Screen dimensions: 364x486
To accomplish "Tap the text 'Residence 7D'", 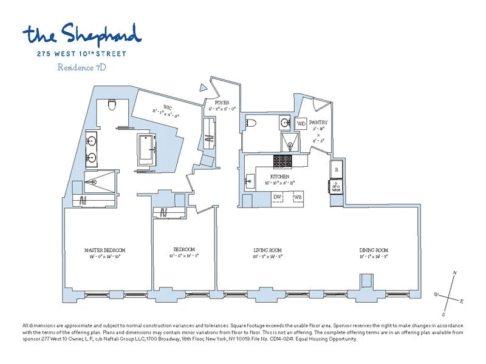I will (x=82, y=67).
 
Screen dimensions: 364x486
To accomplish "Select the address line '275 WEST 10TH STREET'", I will (x=82, y=54).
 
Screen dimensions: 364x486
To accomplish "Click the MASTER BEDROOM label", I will (x=104, y=250).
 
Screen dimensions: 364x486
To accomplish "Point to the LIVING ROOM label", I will (x=267, y=250).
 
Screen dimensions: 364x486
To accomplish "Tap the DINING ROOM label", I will (x=373, y=250).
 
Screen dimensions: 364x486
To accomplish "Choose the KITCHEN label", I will (x=271, y=176).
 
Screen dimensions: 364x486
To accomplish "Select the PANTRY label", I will (x=318, y=122).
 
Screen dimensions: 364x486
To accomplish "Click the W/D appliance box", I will (x=301, y=123).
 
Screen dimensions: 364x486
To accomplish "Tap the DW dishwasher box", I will (x=278, y=198).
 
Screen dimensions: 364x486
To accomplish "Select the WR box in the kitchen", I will (x=297, y=198).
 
